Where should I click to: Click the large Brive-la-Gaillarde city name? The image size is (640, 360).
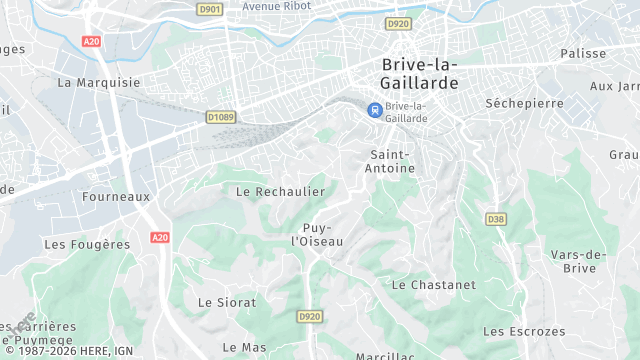(420, 74)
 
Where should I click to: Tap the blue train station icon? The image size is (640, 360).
(374, 110)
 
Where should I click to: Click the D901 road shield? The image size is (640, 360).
(209, 10)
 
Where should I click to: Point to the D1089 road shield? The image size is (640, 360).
(221, 117)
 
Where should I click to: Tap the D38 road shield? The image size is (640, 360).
(495, 219)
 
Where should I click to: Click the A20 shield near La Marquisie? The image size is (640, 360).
(92, 41)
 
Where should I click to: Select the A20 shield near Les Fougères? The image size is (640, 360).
(159, 237)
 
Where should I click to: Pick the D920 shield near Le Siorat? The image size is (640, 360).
(310, 316)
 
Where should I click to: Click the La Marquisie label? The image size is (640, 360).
(99, 82)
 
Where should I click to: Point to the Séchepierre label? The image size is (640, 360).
(519, 103)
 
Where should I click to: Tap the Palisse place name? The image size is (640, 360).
(583, 53)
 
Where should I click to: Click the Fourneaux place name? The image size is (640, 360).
(116, 196)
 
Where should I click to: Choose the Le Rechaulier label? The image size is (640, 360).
(280, 191)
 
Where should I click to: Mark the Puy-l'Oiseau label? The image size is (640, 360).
(316, 234)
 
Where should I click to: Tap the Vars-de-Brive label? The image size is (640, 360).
(579, 261)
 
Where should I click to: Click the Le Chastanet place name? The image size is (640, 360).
(433, 284)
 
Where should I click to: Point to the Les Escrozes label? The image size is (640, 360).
(523, 331)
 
